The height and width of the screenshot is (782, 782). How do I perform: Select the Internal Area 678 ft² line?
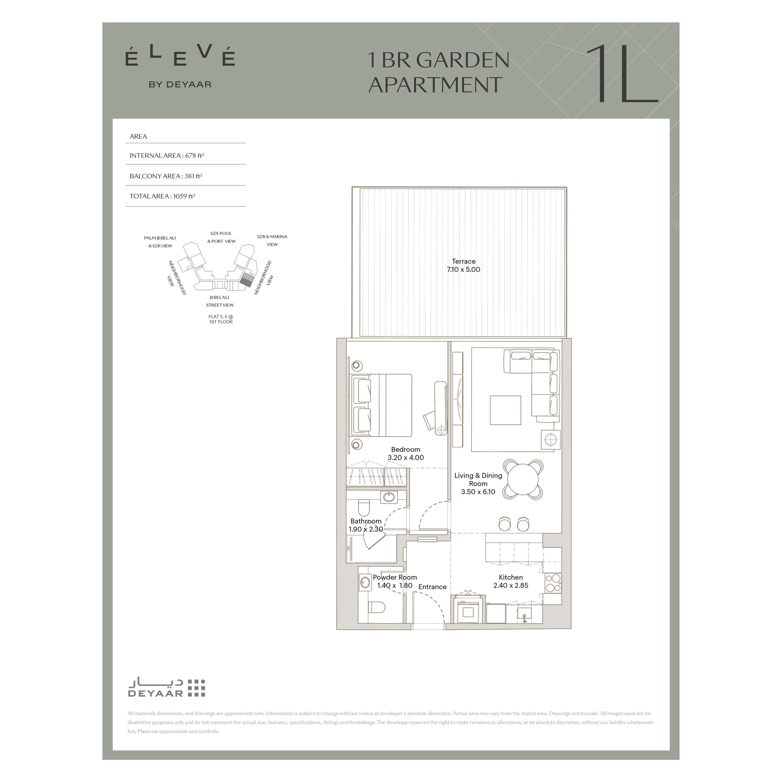167,156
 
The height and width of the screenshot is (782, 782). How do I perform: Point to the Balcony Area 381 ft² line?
166,176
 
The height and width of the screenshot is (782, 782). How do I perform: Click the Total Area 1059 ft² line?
162,196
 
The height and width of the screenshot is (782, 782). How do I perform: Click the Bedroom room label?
406,449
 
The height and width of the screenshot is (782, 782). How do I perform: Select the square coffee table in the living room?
506,410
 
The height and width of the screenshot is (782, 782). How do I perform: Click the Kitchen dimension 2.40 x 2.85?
511,585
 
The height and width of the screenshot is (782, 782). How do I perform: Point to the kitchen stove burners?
553,583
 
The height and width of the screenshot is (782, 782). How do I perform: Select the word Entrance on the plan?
432,587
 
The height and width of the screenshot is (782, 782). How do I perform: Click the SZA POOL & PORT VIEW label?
221,237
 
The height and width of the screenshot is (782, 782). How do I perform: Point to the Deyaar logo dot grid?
197,688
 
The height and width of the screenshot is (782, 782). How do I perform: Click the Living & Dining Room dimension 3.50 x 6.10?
478,492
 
